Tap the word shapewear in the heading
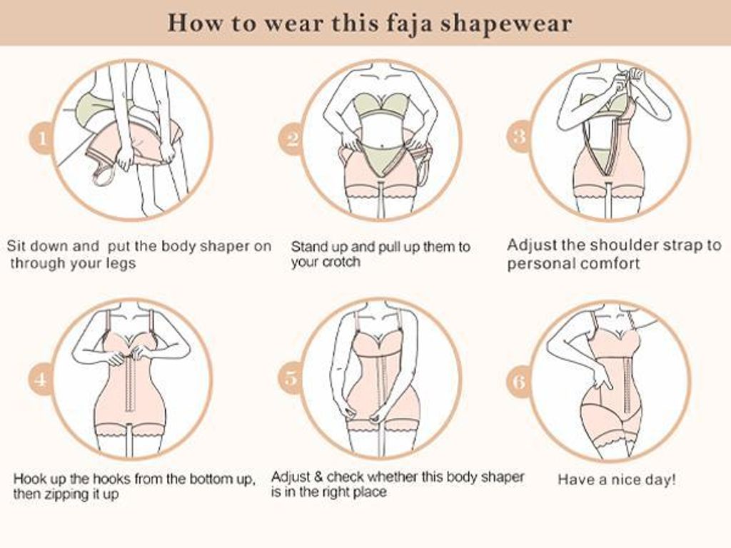(x=506, y=24)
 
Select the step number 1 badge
(x=42, y=139)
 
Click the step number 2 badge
(x=292, y=139)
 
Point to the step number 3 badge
(x=520, y=136)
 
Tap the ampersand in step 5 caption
(x=318, y=477)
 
